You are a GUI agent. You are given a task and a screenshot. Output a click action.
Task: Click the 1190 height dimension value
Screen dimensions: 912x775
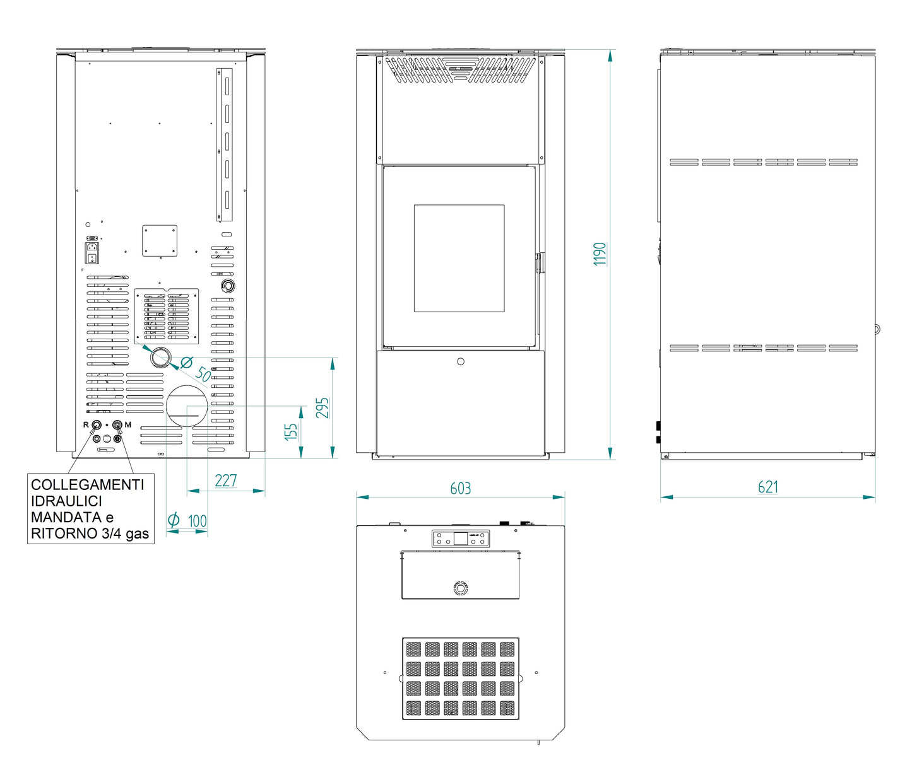[x=600, y=254]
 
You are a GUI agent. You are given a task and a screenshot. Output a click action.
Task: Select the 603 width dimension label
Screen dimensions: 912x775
[x=460, y=489]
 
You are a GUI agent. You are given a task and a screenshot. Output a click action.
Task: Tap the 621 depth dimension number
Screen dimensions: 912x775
[x=767, y=487]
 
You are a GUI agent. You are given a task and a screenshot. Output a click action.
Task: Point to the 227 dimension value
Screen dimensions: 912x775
[x=226, y=481]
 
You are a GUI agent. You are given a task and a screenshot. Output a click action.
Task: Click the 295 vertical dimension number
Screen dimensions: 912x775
[x=323, y=408]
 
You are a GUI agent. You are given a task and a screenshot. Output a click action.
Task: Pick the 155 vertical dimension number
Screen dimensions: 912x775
[x=291, y=432]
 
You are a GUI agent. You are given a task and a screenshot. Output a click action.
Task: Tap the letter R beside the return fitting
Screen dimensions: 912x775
[x=86, y=424]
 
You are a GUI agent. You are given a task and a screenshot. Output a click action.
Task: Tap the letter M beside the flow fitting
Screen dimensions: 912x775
[x=128, y=424]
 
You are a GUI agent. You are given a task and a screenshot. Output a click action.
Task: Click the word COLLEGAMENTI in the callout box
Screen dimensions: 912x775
[x=87, y=485]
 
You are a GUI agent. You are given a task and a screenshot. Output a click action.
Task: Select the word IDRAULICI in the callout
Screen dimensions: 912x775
[x=67, y=501]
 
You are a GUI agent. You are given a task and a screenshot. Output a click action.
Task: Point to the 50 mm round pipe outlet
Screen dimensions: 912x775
[x=160, y=358]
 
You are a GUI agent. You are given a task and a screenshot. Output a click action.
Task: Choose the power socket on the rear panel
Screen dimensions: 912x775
[x=92, y=253]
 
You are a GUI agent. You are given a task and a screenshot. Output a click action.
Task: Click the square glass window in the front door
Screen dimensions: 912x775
[x=459, y=259]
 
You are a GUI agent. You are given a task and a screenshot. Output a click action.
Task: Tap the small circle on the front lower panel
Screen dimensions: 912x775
[x=461, y=361]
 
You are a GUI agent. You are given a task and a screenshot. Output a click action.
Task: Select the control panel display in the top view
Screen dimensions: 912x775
[x=461, y=539]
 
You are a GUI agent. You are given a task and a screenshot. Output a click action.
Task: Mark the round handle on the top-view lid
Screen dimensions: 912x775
[x=460, y=588]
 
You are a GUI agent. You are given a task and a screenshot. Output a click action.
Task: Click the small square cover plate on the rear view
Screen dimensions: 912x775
[x=160, y=241]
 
